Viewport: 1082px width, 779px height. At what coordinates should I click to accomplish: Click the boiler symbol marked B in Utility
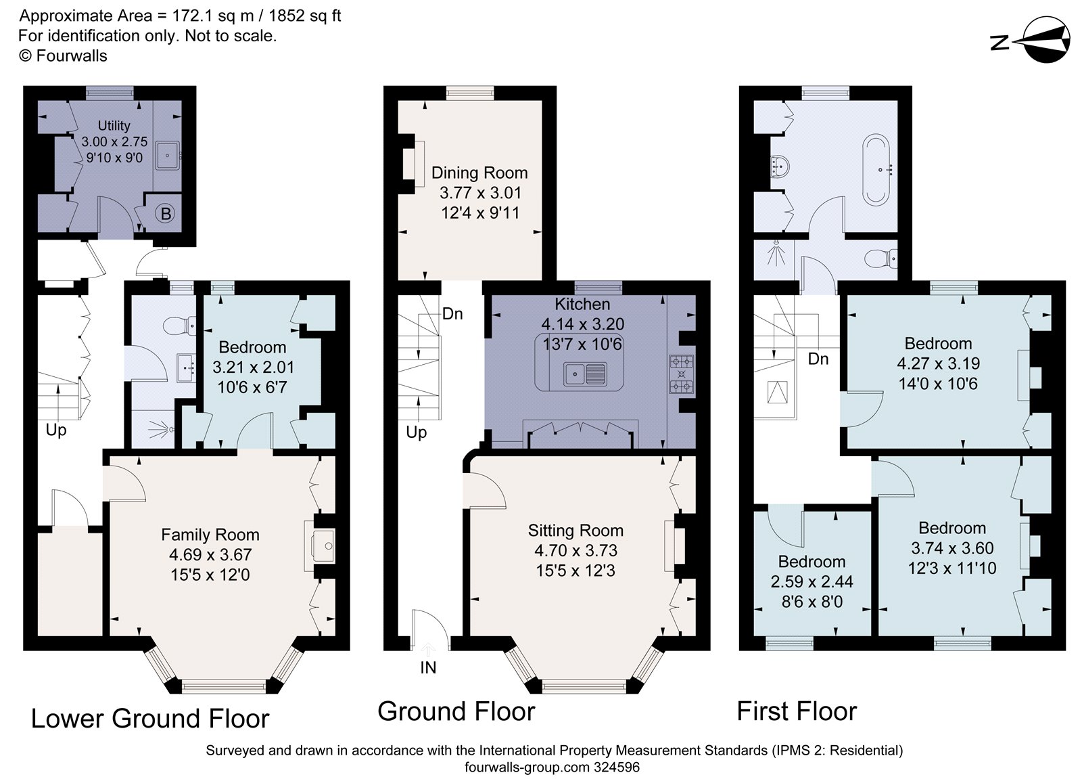(164, 214)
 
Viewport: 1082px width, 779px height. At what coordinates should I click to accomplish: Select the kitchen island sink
(587, 373)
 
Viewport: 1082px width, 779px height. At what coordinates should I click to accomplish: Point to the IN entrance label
(428, 668)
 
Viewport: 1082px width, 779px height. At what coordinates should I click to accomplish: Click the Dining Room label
(479, 173)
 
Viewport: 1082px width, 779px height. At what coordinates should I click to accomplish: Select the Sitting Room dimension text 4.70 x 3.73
(575, 551)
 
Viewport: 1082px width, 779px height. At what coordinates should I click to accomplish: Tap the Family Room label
(210, 535)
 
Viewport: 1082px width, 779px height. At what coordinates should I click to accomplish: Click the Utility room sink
(167, 156)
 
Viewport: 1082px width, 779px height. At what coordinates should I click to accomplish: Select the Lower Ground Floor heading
(150, 719)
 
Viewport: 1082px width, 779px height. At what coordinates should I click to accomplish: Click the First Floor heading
(796, 712)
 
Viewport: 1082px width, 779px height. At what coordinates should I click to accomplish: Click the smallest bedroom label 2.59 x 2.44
(811, 581)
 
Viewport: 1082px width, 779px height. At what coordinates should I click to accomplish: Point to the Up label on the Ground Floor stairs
(416, 432)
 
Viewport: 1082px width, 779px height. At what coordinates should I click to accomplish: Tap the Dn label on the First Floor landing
(818, 359)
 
